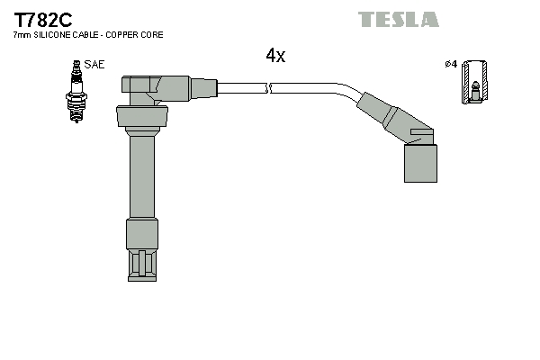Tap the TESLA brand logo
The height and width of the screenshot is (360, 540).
tap(399, 19)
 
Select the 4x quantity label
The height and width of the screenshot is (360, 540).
tap(275, 56)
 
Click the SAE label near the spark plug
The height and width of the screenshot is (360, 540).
tap(94, 65)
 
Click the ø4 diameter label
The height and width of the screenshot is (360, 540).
tap(451, 64)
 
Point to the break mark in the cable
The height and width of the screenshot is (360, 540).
tap(269, 87)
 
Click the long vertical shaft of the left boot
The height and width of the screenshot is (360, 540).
tap(141, 175)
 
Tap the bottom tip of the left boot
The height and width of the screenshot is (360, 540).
tap(142, 266)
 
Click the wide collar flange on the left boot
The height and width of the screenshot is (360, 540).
tap(142, 117)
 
